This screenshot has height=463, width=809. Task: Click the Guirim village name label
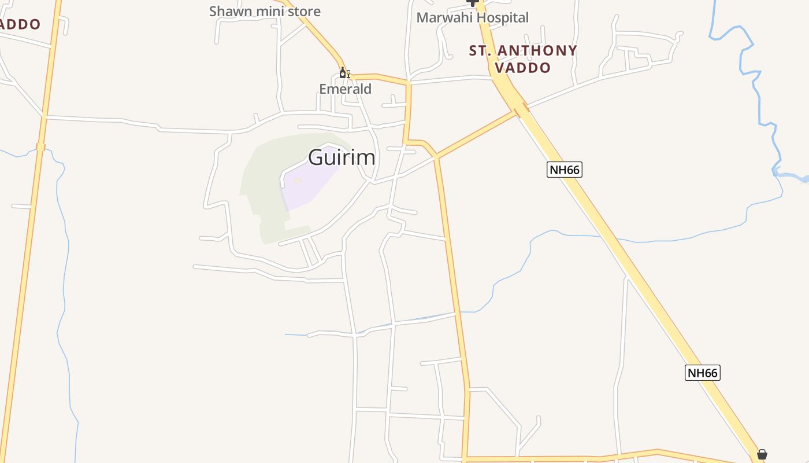pos(342,157)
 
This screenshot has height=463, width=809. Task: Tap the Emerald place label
pos(345,89)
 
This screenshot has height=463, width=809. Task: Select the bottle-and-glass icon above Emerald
pos(344,73)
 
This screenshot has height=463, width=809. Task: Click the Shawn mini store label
pos(265,11)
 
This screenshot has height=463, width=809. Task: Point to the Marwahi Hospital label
pos(472,17)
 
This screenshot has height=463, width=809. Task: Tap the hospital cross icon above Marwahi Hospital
pos(473,2)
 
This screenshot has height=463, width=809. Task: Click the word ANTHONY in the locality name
pos(537,51)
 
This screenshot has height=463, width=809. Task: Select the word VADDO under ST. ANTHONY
pos(523,68)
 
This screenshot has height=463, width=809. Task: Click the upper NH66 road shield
pos(564,170)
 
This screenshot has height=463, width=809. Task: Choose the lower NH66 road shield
pos(703,373)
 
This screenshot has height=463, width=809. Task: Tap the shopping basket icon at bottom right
pos(762,454)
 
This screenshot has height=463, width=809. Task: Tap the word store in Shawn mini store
pos(303,11)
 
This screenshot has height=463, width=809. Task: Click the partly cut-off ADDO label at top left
pos(20,24)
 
